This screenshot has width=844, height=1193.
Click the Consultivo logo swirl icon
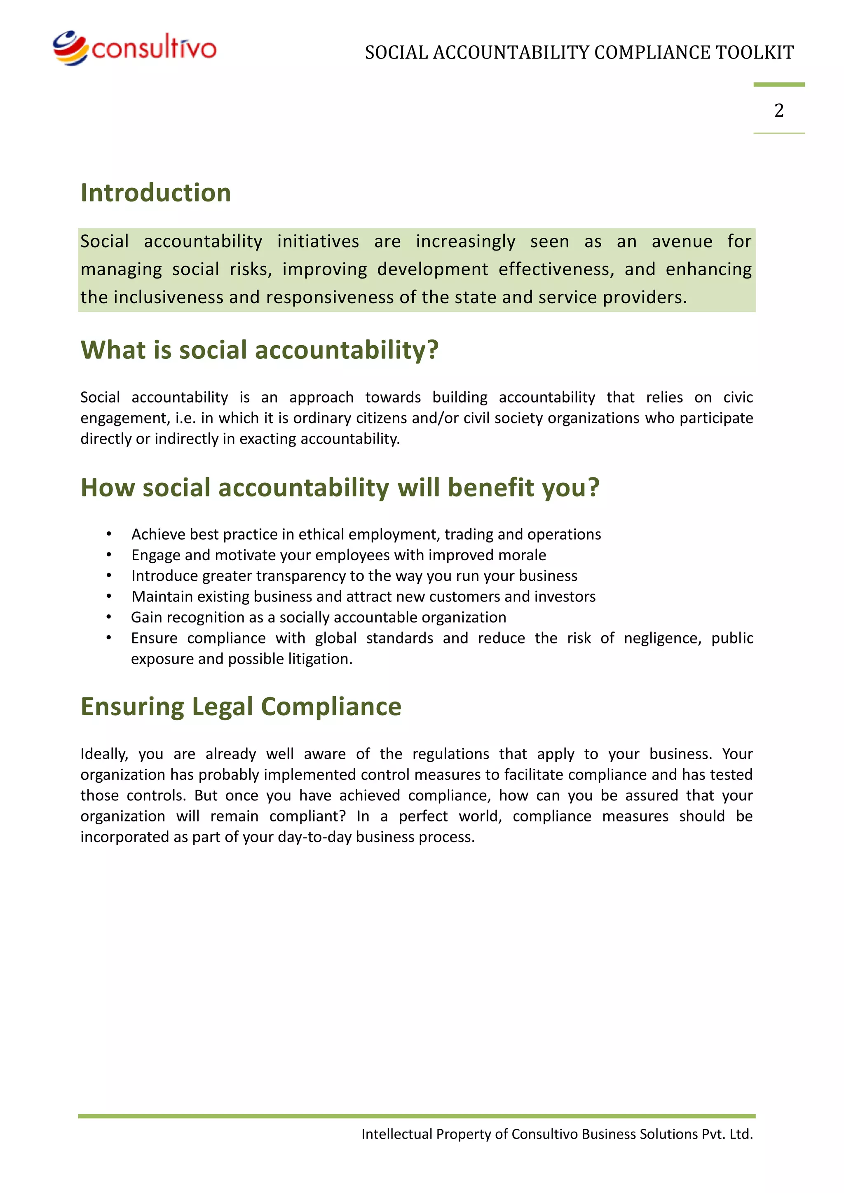(70, 48)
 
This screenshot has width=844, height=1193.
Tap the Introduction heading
(155, 193)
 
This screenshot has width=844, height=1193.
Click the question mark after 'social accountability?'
(433, 350)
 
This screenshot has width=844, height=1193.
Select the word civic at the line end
(738, 398)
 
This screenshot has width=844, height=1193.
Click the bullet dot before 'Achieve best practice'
(109, 534)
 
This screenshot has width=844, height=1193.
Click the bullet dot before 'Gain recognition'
(109, 617)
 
